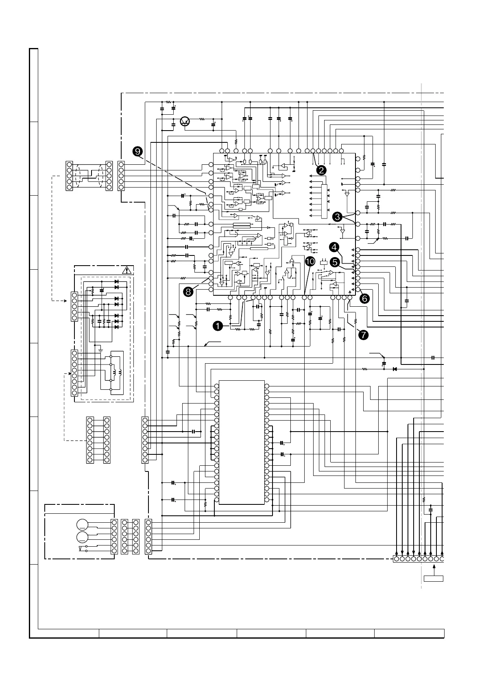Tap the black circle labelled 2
(x=321, y=170)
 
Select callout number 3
(x=338, y=217)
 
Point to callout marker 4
(x=334, y=247)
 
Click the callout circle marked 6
(x=364, y=299)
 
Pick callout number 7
(x=363, y=335)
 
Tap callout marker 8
(x=188, y=292)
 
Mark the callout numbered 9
(x=138, y=151)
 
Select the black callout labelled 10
(x=310, y=262)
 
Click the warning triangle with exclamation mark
(x=128, y=269)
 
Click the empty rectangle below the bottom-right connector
(x=433, y=578)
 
